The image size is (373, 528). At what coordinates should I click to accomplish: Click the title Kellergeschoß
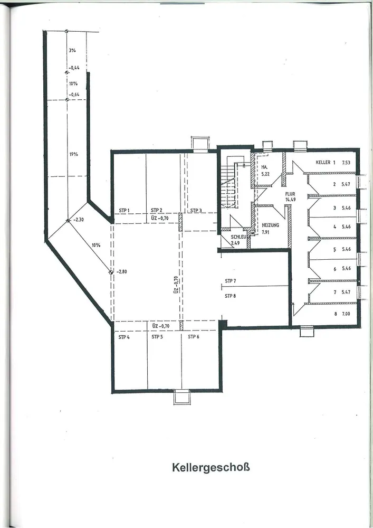[211, 467]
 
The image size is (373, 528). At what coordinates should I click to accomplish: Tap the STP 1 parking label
[124, 211]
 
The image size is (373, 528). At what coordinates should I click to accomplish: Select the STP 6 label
[194, 337]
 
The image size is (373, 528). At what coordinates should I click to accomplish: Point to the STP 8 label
[231, 296]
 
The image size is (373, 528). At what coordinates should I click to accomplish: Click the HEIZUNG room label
[271, 225]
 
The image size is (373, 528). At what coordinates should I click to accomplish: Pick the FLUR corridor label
[290, 194]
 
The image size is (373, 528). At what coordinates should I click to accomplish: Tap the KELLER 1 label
[326, 162]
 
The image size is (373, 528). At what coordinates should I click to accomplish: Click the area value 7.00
[346, 314]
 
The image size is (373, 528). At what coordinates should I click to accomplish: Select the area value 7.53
[346, 162]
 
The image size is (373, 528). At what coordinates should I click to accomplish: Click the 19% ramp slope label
[74, 154]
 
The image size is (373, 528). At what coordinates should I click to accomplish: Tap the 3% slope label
[72, 50]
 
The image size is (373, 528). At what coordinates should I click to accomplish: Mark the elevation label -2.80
[121, 272]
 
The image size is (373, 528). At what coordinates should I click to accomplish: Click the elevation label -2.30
[79, 220]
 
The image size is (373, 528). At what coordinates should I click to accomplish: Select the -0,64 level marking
[74, 95]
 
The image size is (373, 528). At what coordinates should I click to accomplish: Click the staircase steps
[229, 184]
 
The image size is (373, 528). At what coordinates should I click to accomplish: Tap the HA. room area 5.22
[265, 174]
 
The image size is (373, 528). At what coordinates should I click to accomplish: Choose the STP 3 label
[196, 211]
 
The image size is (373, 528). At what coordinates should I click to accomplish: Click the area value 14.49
[290, 200]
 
